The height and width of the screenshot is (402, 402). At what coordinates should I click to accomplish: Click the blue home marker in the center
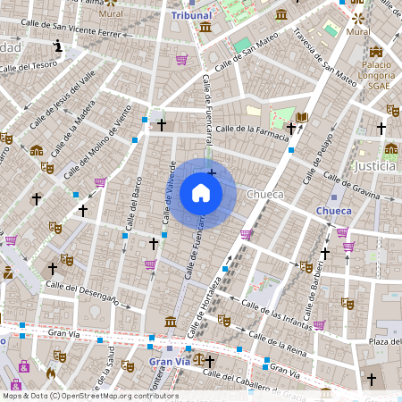pyautogui.click(x=201, y=193)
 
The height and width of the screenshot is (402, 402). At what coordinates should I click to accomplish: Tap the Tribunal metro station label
pyautogui.click(x=191, y=15)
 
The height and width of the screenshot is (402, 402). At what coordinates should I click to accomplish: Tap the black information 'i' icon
pyautogui.click(x=58, y=45)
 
